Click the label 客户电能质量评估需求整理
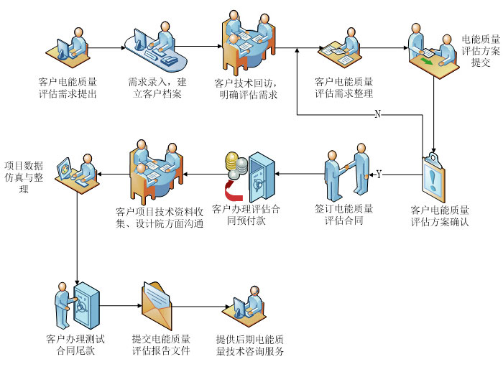click(344, 87)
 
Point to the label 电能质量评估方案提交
click(481, 50)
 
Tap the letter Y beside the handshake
click(379, 174)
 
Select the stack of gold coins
click(234, 166)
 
